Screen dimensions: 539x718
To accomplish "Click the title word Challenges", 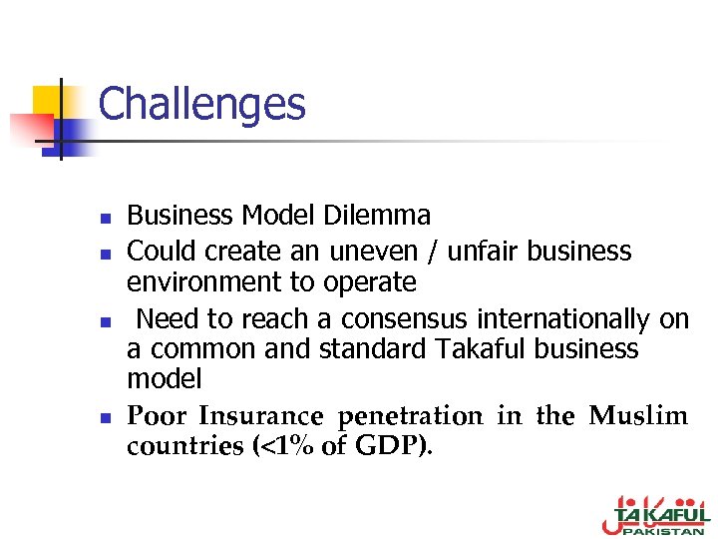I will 201,105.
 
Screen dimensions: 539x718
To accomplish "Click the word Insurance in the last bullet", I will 261,415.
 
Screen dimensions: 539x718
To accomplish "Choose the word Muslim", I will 638,415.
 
